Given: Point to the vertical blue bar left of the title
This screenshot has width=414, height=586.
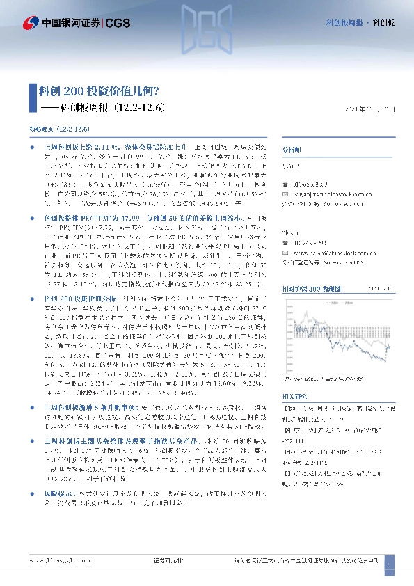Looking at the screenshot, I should coord(32,99).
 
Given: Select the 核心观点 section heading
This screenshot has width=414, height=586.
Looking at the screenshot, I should coord(43,129).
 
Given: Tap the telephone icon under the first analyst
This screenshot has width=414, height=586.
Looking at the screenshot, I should coord(287,185).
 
